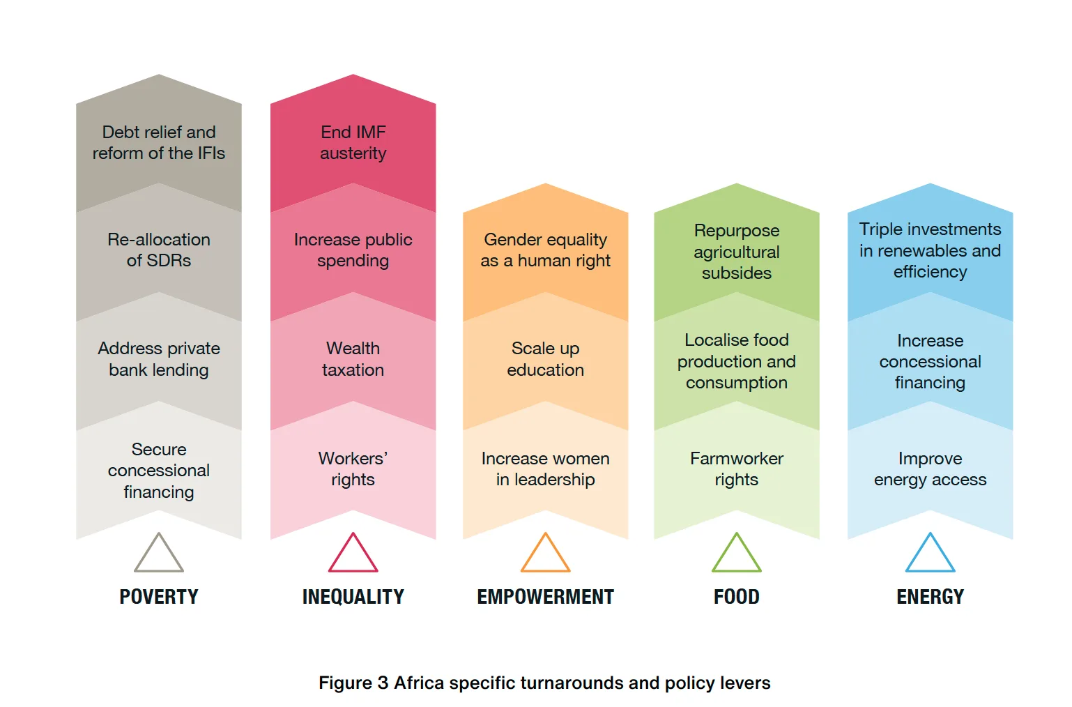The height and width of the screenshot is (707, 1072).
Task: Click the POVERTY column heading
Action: click(x=159, y=597)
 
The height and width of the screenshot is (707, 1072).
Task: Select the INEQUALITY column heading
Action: click(x=353, y=597)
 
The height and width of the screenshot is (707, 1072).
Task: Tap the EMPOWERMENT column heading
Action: click(x=546, y=597)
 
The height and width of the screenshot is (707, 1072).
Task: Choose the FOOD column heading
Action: click(x=737, y=597)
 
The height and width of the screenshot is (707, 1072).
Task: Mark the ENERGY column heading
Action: click(x=931, y=597)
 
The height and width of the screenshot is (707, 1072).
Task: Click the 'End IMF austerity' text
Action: click(x=353, y=143)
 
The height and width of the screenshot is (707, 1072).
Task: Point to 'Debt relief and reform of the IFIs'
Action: click(x=159, y=143)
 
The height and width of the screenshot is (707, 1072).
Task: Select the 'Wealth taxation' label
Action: click(x=353, y=359)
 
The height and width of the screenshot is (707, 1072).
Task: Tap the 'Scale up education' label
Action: click(x=546, y=359)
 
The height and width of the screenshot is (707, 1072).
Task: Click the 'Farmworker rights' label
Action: click(x=737, y=469)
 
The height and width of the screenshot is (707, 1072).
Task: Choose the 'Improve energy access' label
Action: click(x=931, y=469)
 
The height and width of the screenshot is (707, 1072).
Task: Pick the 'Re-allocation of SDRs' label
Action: click(x=159, y=250)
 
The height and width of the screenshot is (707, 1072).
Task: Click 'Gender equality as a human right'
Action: click(x=546, y=250)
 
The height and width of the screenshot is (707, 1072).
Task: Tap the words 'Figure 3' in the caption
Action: click(x=353, y=683)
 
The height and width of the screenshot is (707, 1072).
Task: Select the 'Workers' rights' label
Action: click(x=353, y=469)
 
